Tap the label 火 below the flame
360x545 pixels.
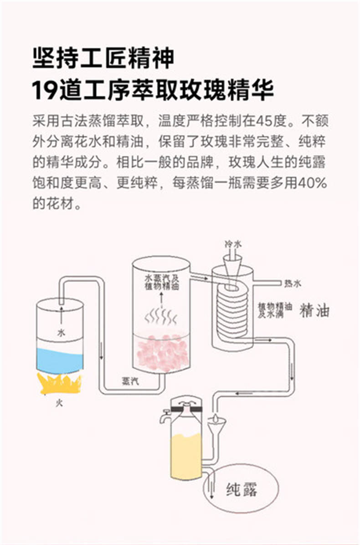59,403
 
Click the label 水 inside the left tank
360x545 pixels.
61,333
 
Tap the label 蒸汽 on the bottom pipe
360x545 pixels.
130,381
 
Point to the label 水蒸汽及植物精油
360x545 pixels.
162,282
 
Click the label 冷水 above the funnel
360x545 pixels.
233,244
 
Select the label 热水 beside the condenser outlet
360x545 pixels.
293,283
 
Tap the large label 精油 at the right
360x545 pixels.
314,310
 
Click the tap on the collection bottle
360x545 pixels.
166,415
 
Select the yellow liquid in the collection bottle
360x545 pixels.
186,456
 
